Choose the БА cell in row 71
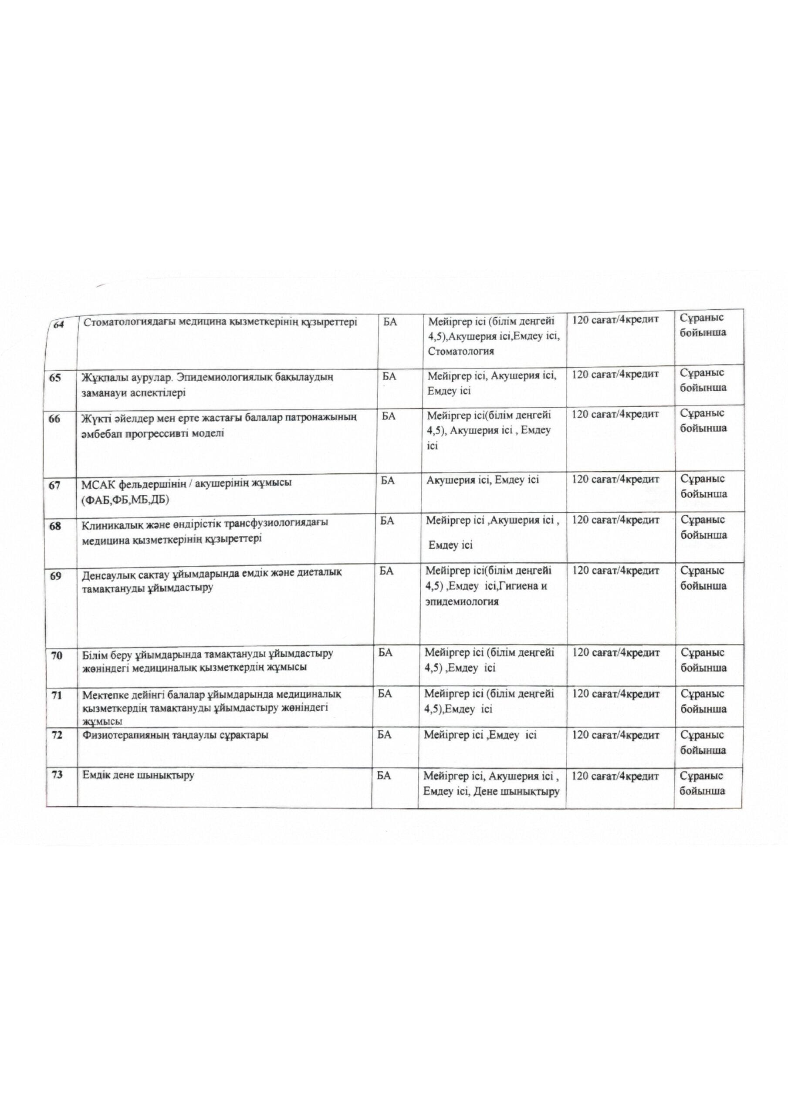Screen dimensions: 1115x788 385,693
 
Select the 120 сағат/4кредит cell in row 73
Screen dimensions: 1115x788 615,776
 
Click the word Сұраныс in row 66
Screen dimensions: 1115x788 701,413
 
